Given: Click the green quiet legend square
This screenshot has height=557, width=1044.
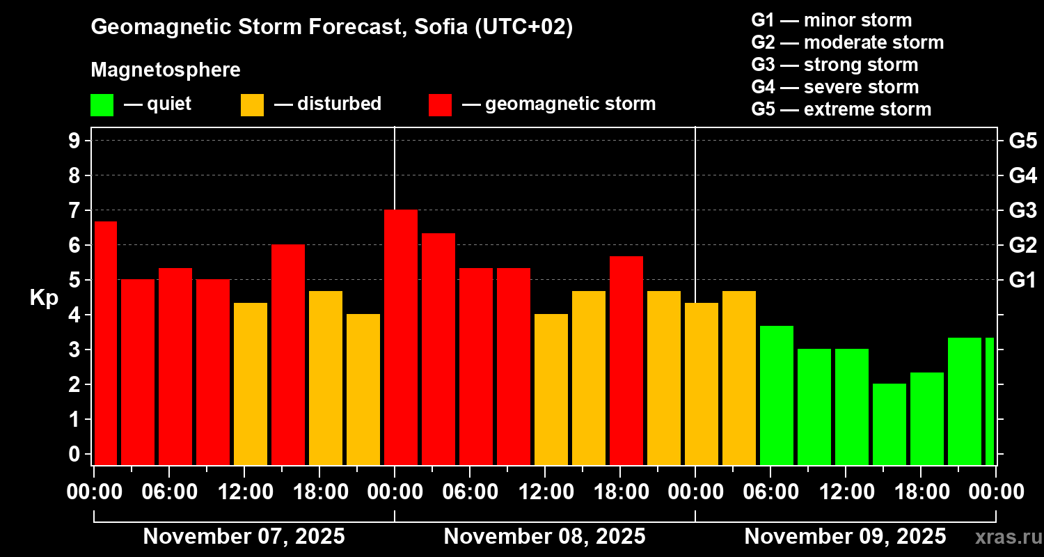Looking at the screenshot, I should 102,105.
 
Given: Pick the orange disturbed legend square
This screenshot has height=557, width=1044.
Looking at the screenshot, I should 252,105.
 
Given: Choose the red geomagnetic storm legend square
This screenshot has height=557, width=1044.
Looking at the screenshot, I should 440,105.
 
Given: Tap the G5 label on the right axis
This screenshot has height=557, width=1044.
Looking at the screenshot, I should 1022,141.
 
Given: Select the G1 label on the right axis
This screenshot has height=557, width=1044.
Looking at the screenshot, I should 1022,281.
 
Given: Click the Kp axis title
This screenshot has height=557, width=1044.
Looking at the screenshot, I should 44,298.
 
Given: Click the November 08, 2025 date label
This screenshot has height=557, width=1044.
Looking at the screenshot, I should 544,537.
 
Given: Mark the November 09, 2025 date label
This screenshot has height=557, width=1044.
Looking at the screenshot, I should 845,537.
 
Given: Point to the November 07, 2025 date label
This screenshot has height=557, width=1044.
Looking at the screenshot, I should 244,537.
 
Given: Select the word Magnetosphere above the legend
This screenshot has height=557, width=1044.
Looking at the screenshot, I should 166,70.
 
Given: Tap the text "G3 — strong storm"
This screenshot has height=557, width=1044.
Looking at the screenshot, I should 835,65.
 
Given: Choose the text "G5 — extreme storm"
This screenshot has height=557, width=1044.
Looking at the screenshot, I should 841,109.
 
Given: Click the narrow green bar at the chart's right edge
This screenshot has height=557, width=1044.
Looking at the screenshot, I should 990,401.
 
